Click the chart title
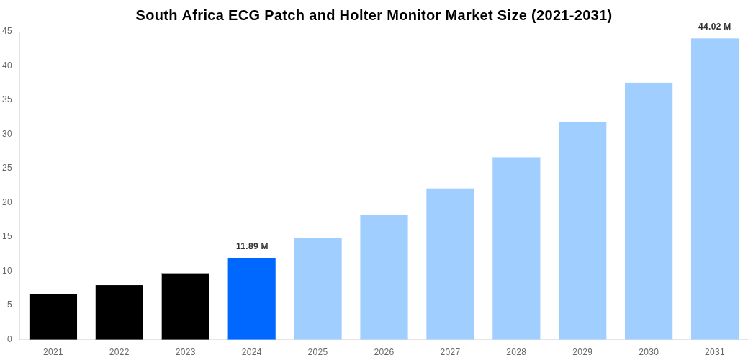tap(374, 15)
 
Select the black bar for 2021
tap(53, 317)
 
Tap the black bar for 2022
tap(120, 312)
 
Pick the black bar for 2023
tap(186, 307)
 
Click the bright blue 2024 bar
tap(252, 299)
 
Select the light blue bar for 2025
tap(317, 289)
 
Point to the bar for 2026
tap(384, 277)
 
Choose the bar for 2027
tap(450, 264)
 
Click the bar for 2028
tap(516, 248)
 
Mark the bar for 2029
tap(582, 231)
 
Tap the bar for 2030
tap(649, 211)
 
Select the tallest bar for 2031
tap(715, 189)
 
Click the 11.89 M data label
tap(252, 246)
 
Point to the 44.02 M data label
tap(714, 27)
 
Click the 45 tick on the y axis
tap(7, 31)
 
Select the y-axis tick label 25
tap(7, 168)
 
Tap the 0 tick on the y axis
tap(9, 339)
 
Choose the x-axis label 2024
tap(252, 352)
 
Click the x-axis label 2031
tap(715, 352)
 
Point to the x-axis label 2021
tap(53, 352)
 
